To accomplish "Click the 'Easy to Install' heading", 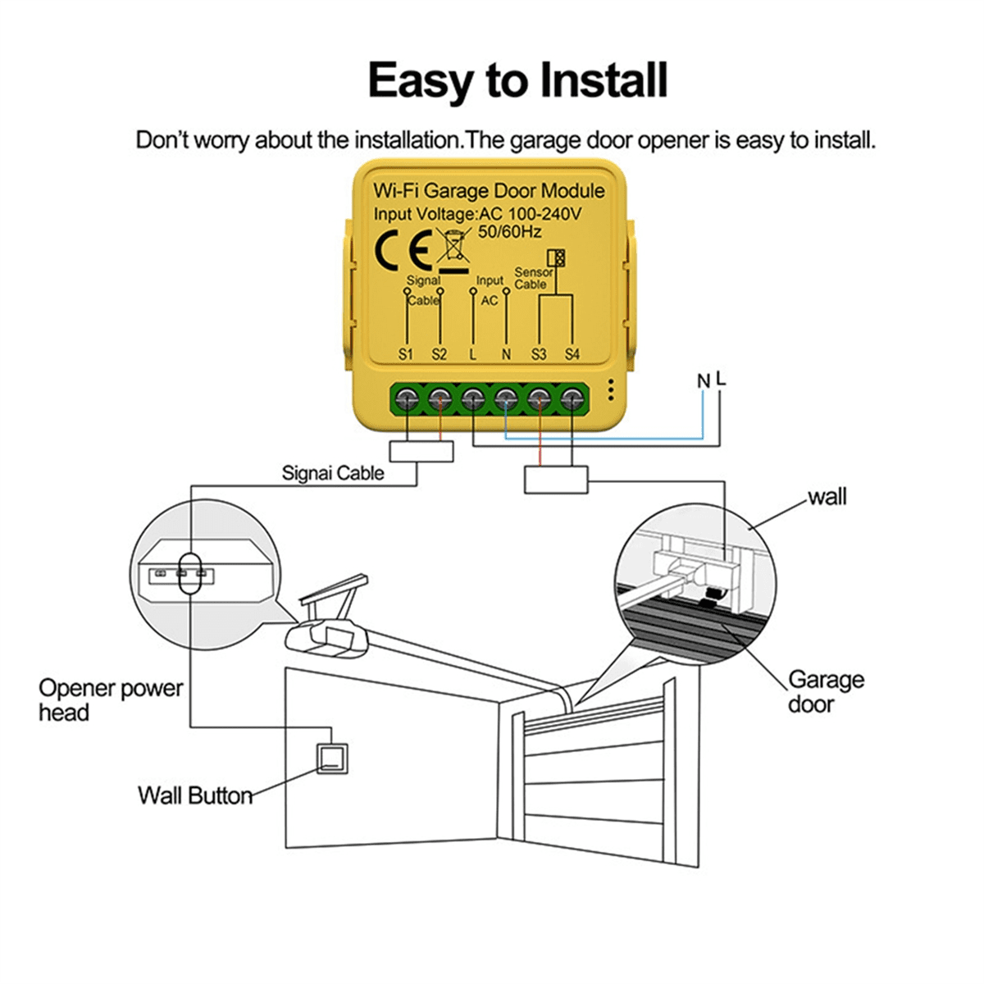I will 517,81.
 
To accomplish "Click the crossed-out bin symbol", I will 452,248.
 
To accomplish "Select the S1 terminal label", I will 406,354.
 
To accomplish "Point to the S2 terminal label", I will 440,354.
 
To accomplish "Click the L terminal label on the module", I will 472,354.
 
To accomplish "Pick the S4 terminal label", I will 572,354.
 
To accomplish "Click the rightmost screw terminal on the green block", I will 572,399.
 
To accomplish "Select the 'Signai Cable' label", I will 333,473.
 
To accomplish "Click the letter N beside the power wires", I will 703,381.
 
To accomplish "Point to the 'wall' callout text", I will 827,497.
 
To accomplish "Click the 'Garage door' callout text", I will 825,691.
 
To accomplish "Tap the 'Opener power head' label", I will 110,699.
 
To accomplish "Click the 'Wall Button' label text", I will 195,795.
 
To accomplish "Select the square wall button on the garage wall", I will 332,758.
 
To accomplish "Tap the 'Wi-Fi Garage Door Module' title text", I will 489,191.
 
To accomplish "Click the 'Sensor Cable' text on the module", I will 533,278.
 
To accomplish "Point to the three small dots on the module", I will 610,390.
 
